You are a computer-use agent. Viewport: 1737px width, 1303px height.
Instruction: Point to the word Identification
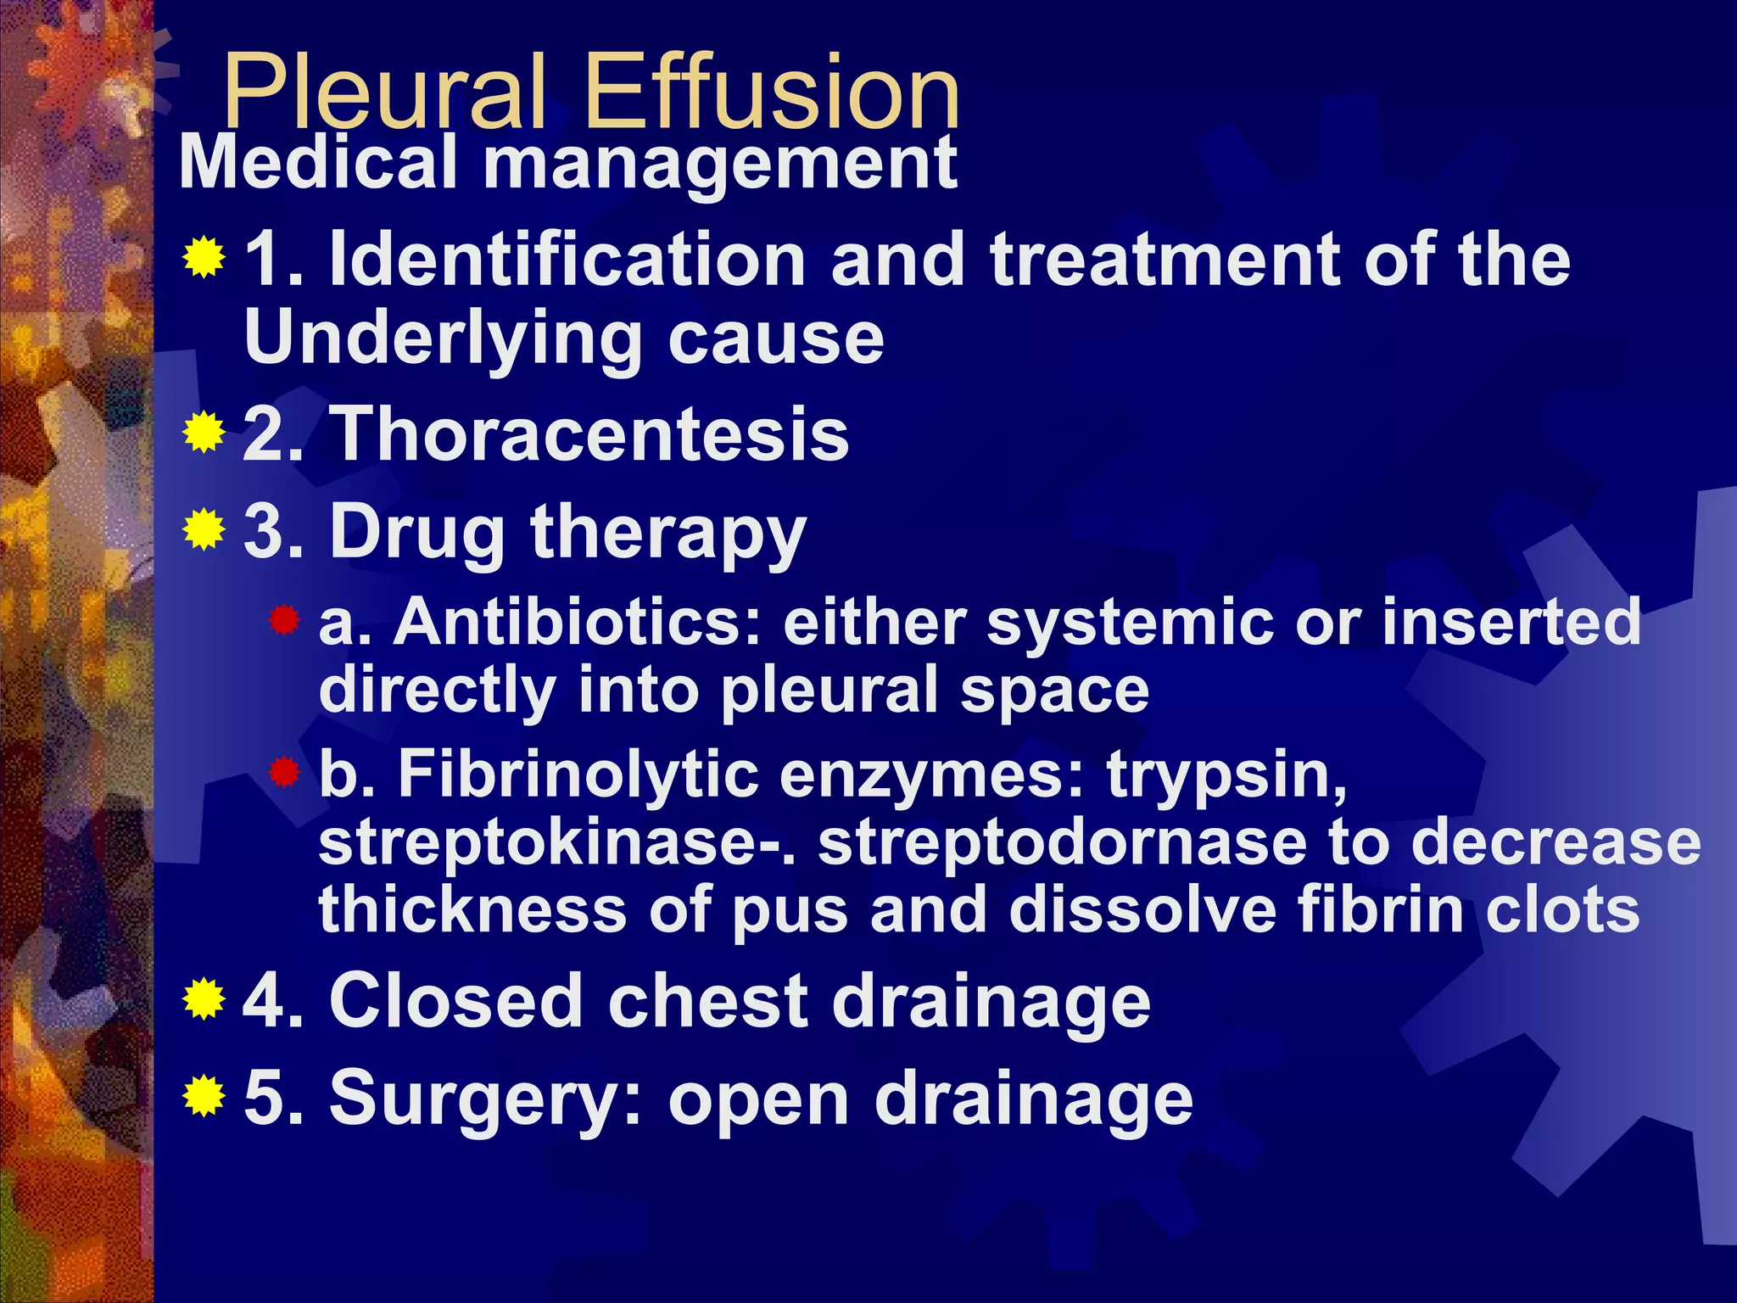(x=567, y=260)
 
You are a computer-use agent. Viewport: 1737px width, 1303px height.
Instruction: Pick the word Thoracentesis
(x=589, y=434)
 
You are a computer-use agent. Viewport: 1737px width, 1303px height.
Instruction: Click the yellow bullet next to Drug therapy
(x=204, y=530)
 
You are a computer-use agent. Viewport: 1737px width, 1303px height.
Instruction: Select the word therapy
(x=668, y=534)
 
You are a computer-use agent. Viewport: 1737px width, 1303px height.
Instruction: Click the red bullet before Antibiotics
(x=285, y=621)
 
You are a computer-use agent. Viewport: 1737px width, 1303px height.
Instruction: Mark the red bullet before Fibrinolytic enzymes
(x=285, y=772)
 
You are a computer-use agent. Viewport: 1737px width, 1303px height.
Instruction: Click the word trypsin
(x=1226, y=777)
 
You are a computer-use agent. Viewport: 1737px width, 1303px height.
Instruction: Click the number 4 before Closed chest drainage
(x=265, y=1001)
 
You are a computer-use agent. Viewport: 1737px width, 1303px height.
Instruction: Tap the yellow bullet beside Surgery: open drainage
(x=204, y=1096)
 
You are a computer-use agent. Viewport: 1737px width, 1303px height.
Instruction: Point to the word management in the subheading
(x=720, y=163)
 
